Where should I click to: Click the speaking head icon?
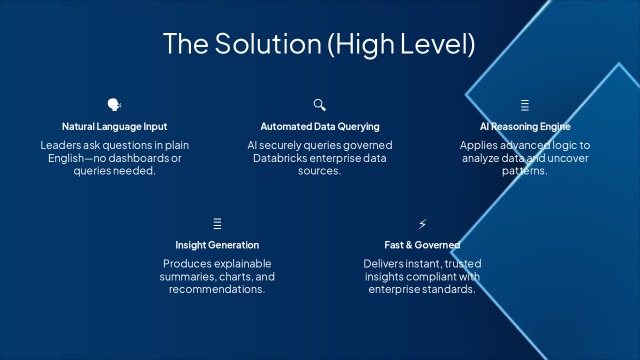(x=114, y=105)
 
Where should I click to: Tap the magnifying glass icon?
(x=319, y=105)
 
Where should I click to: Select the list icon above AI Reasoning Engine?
(x=524, y=105)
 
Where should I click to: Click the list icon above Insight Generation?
(x=217, y=223)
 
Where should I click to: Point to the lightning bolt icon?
(x=422, y=223)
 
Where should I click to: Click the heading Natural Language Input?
(x=114, y=126)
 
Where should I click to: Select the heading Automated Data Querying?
(x=320, y=126)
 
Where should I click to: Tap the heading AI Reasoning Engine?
(x=525, y=126)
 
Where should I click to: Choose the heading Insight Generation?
(x=217, y=245)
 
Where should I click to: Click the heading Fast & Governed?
(x=422, y=245)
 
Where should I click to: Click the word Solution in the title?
(x=268, y=43)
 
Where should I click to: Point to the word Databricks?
(x=280, y=158)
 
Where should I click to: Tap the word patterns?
(x=524, y=171)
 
